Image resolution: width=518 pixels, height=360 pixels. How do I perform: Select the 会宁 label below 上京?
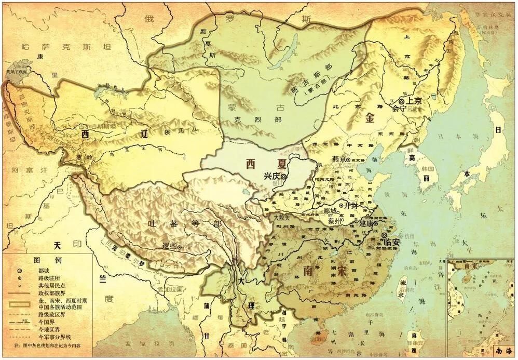[x=398, y=110]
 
